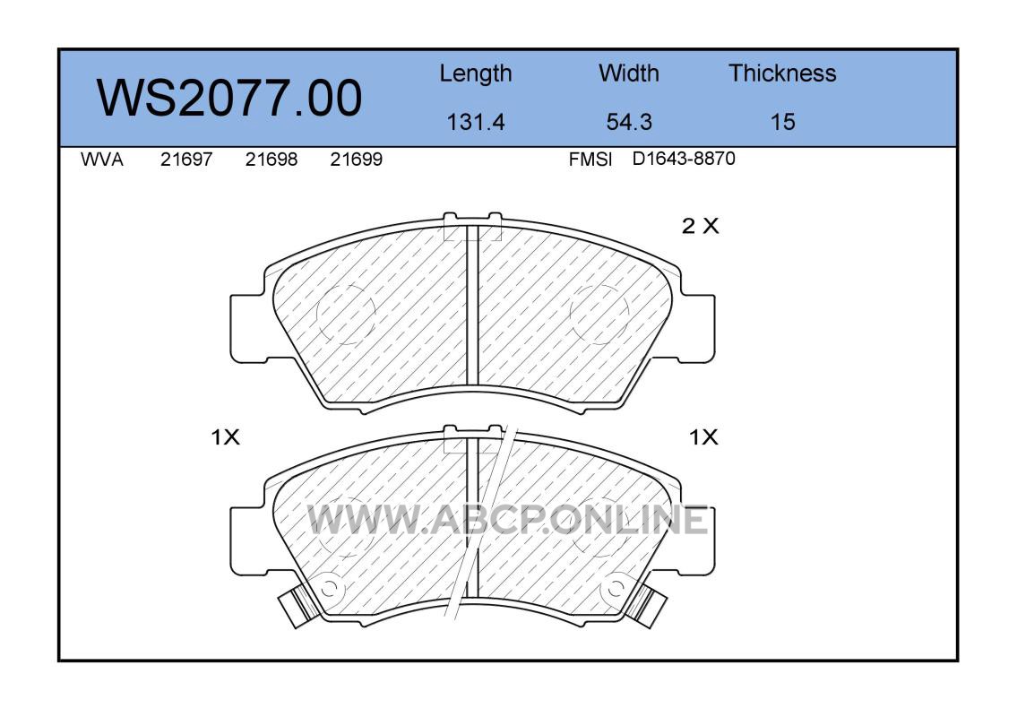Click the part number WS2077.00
[229, 98]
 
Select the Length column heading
[476, 74]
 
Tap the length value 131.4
[476, 122]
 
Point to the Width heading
[628, 73]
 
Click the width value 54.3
[628, 122]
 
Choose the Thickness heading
[782, 73]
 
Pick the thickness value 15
[782, 122]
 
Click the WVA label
[102, 160]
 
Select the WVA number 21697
[186, 160]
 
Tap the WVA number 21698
[271, 160]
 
